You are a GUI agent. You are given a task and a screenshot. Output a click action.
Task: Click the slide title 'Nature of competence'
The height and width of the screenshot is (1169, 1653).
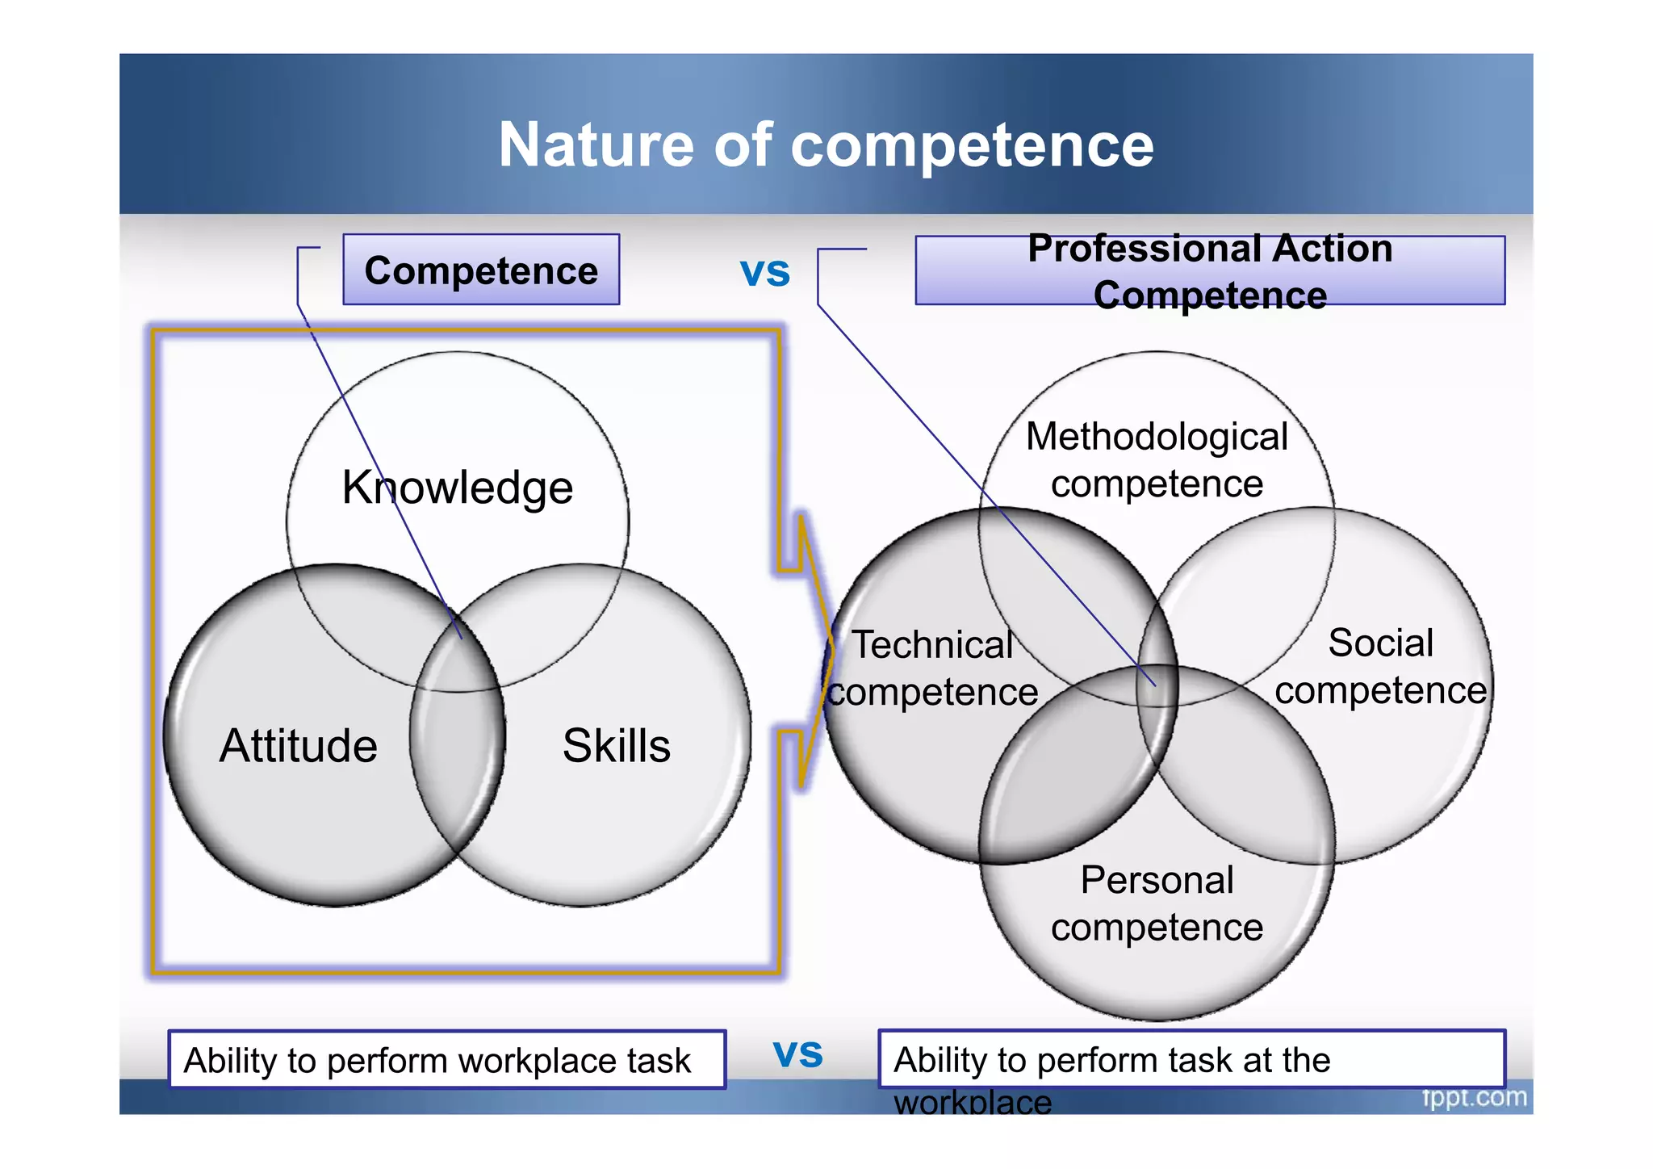click(x=826, y=145)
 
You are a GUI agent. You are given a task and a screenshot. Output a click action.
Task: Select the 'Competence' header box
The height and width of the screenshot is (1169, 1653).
click(x=481, y=270)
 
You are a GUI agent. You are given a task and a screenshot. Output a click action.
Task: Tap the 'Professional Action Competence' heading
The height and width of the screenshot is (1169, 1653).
click(x=1209, y=271)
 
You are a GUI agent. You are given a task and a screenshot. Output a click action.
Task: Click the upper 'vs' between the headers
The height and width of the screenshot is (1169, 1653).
click(x=765, y=273)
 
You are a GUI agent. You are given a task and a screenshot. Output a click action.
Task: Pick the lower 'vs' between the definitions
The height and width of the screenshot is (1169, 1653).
click(x=797, y=1054)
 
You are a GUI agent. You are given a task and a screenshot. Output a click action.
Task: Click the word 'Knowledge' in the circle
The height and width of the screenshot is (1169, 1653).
click(x=457, y=488)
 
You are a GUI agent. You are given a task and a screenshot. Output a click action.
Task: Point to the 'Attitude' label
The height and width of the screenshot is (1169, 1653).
click(x=298, y=745)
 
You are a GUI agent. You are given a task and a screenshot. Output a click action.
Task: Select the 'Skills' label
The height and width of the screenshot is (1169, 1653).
click(x=617, y=745)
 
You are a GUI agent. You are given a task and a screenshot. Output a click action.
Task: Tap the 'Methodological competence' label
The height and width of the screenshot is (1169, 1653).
click(x=1157, y=460)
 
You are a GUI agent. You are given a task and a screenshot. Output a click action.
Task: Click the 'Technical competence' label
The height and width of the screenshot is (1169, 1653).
click(x=933, y=668)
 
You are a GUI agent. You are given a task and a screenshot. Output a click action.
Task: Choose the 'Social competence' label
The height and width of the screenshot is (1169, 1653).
click(x=1380, y=667)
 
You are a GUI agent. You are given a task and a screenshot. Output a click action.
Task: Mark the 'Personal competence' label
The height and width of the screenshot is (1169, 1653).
click(x=1157, y=903)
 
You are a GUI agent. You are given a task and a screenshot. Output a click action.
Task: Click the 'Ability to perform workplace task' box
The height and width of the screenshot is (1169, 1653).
click(x=446, y=1060)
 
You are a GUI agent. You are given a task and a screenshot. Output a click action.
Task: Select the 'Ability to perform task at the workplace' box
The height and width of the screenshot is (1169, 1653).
click(x=1191, y=1060)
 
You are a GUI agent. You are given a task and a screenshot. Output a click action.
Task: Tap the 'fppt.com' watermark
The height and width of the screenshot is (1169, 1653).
click(x=1474, y=1098)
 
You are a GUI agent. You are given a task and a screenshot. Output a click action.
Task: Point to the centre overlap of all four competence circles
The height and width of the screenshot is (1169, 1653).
click(x=1157, y=685)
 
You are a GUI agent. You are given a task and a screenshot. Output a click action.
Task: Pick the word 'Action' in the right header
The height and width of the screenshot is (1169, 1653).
click(x=1332, y=249)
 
